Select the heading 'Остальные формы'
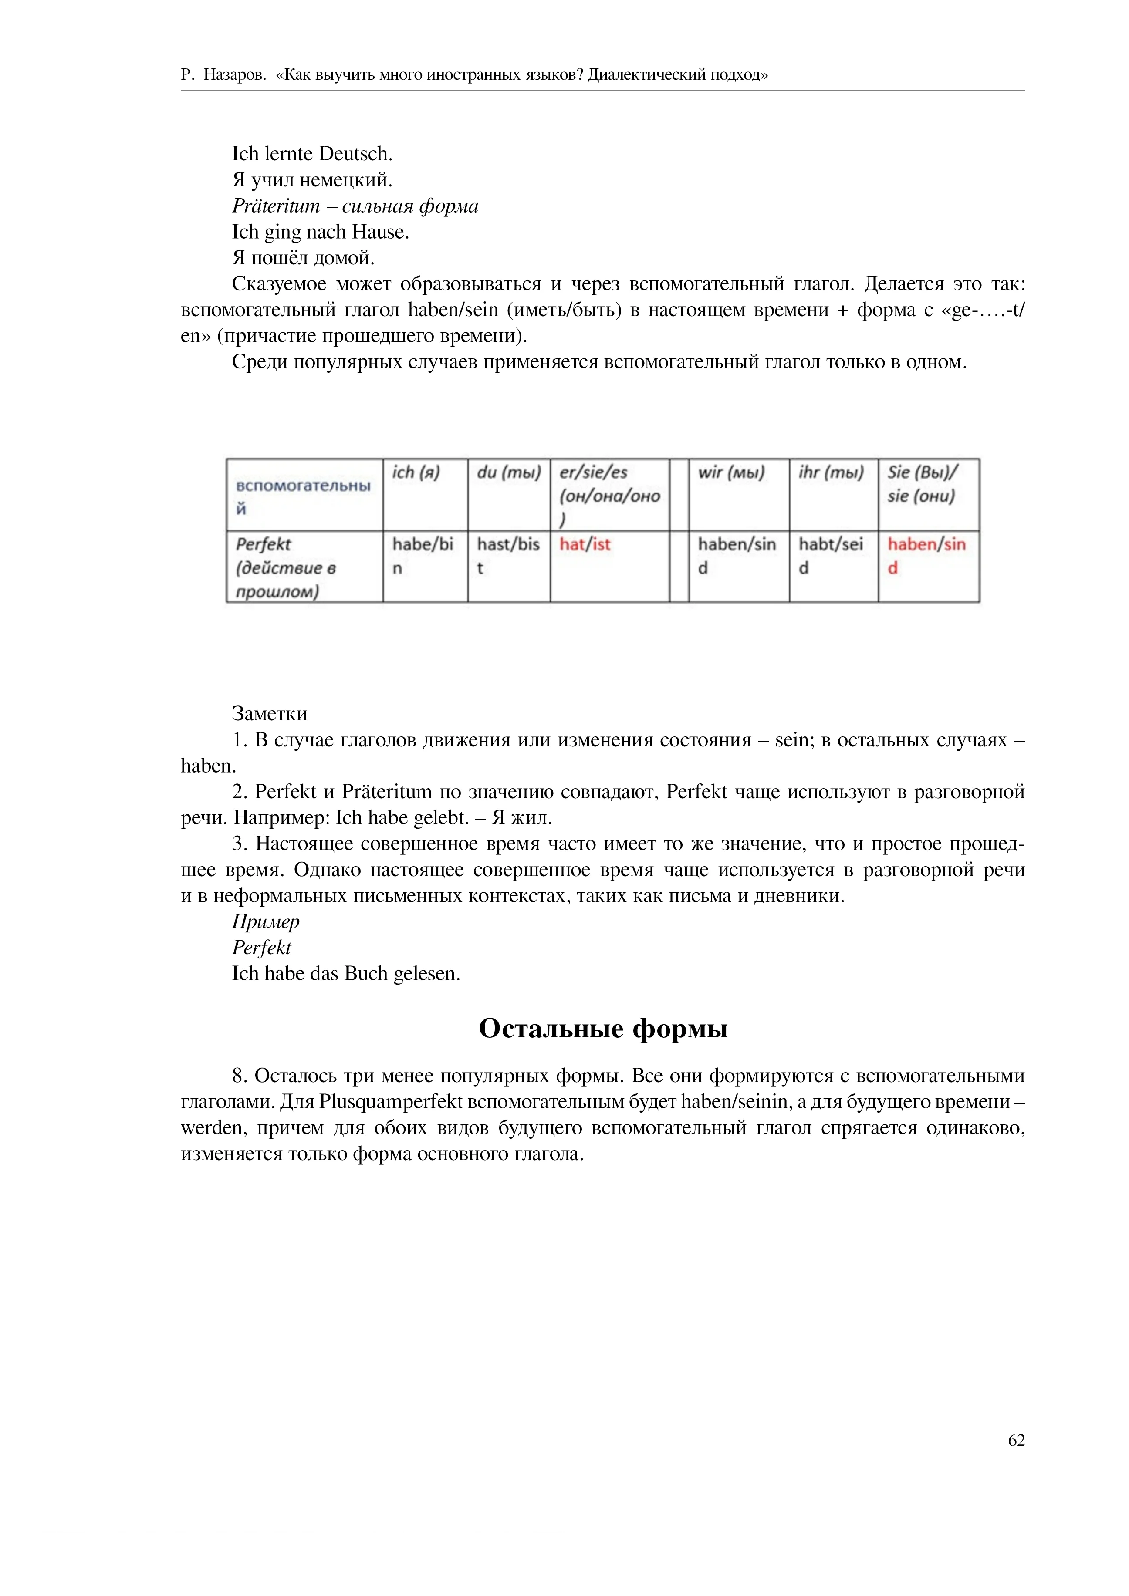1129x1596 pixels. pyautogui.click(x=603, y=1028)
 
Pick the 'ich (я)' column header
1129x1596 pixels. pyautogui.click(x=416, y=472)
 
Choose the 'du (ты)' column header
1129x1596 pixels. pyautogui.click(x=508, y=472)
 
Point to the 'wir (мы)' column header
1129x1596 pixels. pyautogui.click(x=730, y=472)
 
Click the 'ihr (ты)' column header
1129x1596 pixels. pyautogui.click(x=831, y=472)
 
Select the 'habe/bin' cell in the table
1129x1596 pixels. pyautogui.click(x=422, y=555)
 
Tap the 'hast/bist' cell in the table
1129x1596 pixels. pyautogui.click(x=507, y=555)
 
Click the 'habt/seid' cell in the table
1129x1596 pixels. pyautogui.click(x=830, y=555)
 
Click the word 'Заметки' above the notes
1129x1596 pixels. pyautogui.click(x=269, y=714)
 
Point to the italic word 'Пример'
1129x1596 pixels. pyautogui.click(x=266, y=922)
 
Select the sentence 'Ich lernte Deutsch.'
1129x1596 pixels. pyautogui.click(x=312, y=154)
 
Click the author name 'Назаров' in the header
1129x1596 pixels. pyautogui.click(x=234, y=75)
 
